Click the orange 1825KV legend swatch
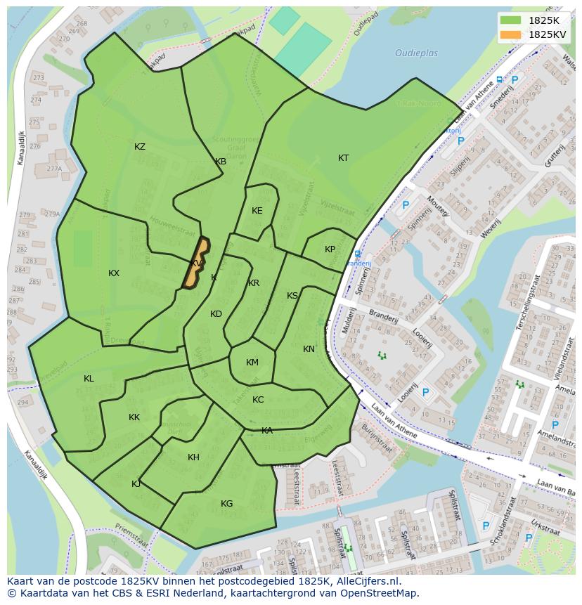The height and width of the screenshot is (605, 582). [x=511, y=34]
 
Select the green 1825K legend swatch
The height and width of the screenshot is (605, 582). [x=511, y=20]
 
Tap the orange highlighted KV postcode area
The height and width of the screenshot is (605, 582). [x=198, y=264]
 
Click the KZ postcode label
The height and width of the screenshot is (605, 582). [x=140, y=147]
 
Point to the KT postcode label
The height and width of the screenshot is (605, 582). [x=343, y=158]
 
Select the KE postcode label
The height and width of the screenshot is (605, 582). [x=257, y=211]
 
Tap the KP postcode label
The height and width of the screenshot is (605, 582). [x=330, y=249]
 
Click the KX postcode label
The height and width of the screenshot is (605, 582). [x=114, y=273]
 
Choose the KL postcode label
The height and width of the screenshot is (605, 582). [x=89, y=379]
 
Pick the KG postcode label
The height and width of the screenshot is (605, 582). [x=226, y=504]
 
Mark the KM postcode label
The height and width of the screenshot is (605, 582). [x=252, y=363]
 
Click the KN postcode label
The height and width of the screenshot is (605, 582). [x=309, y=349]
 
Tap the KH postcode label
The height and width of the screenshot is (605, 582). [x=193, y=457]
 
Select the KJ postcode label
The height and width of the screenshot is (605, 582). [x=136, y=484]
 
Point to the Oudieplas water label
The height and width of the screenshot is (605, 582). [x=416, y=53]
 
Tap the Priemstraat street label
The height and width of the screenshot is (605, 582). [x=131, y=536]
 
